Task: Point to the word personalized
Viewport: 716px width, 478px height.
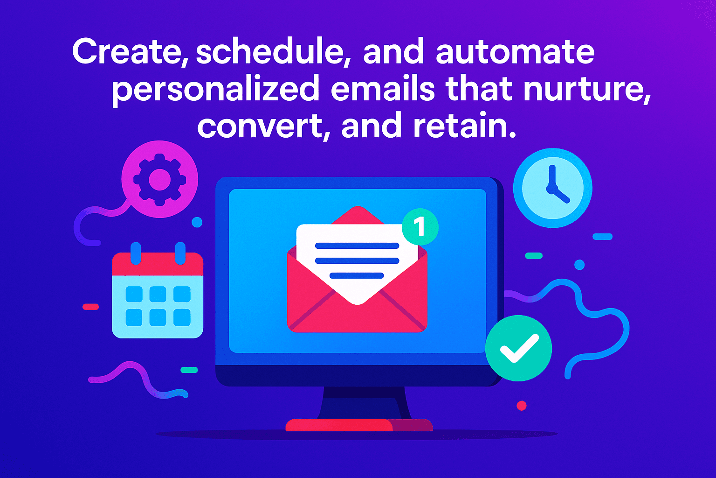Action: (215, 90)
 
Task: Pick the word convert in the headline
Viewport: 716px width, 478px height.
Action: (260, 126)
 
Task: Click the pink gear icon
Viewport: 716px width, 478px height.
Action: (160, 179)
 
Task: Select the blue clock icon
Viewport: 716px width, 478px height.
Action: (553, 188)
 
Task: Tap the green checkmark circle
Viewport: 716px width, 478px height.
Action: (518, 348)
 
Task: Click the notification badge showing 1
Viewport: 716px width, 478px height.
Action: (420, 227)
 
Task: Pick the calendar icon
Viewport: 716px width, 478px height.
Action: (158, 294)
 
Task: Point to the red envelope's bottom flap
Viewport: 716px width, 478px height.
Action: (357, 317)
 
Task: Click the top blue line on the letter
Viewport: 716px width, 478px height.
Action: (357, 246)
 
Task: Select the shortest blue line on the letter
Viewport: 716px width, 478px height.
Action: (357, 275)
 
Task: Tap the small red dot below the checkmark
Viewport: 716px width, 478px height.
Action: (522, 406)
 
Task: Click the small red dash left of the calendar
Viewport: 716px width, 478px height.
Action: (90, 307)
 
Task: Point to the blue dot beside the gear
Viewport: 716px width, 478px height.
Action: (197, 222)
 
